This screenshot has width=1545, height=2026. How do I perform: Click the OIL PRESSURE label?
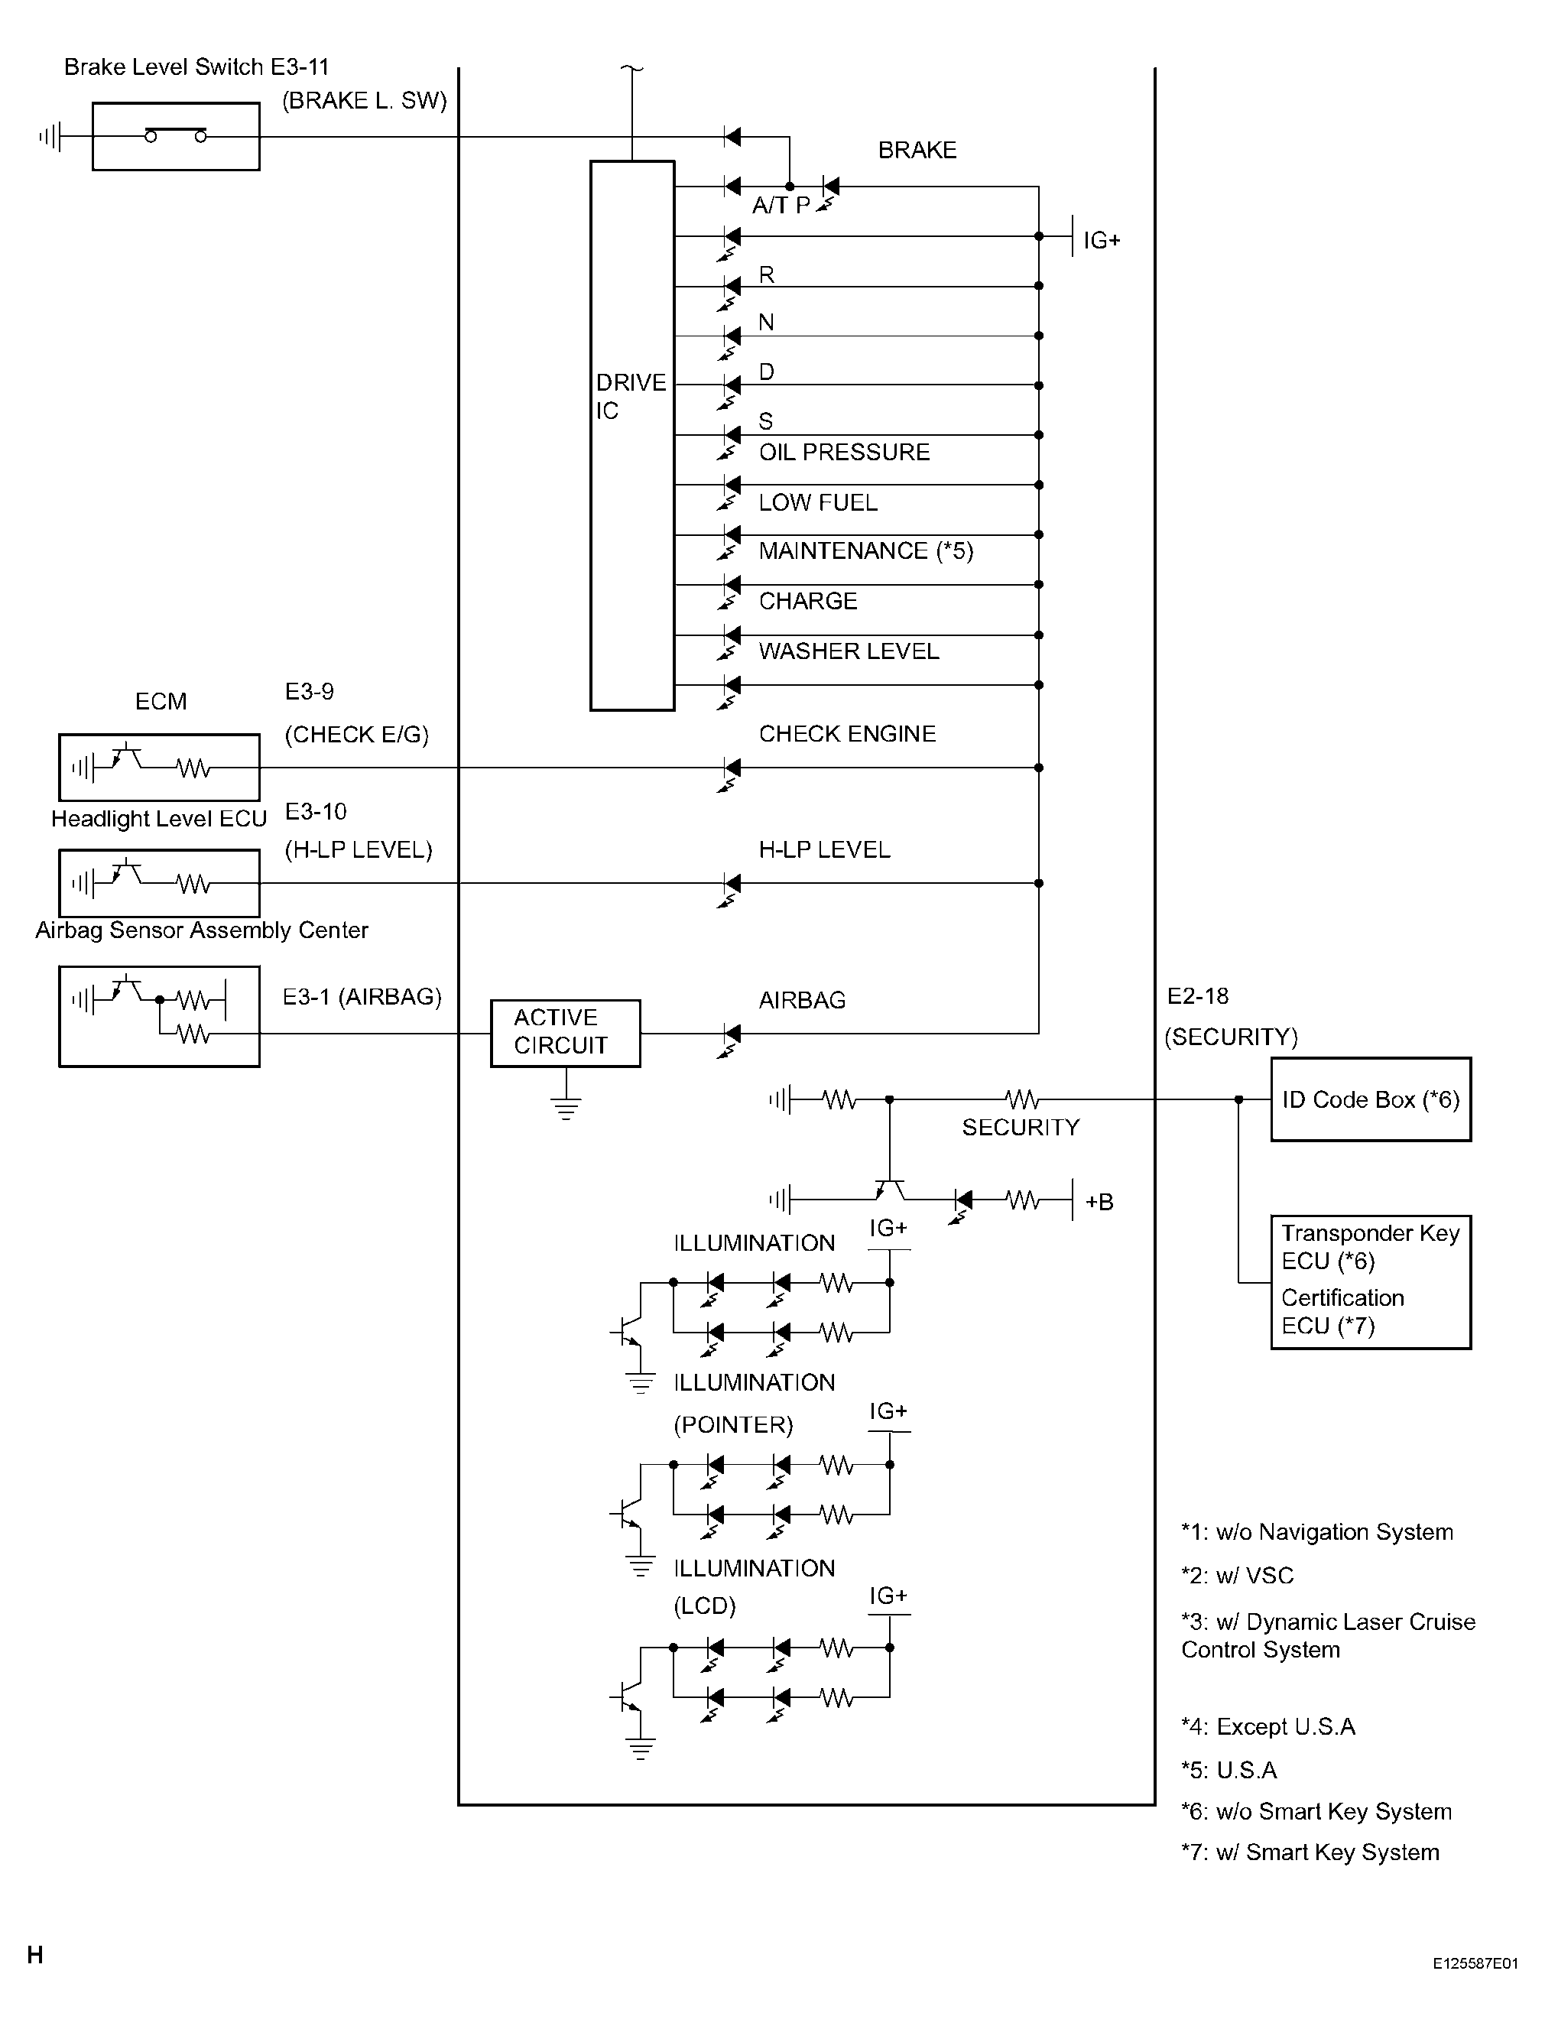pos(844,453)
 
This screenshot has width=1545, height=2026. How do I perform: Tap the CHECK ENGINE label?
pos(847,734)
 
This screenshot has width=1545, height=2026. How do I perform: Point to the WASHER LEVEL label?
pos(849,651)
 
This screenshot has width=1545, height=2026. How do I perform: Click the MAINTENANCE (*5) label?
pos(865,551)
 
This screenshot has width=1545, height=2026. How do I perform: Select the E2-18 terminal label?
pos(1197,996)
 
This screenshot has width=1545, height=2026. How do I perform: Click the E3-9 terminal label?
pos(309,692)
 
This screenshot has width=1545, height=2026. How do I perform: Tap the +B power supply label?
pos(1099,1202)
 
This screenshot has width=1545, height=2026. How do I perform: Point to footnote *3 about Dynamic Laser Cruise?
pos(1328,1635)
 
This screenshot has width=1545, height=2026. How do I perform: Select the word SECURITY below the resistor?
pos(1021,1128)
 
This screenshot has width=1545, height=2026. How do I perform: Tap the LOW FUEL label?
pos(817,502)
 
